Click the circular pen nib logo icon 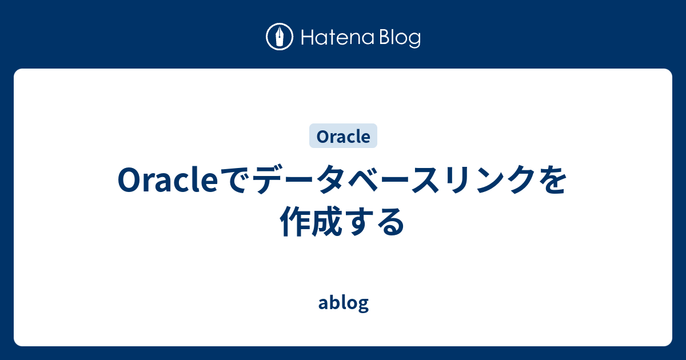click(280, 38)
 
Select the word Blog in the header click(398, 38)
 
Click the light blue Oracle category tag click(343, 136)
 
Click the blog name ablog click(343, 303)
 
